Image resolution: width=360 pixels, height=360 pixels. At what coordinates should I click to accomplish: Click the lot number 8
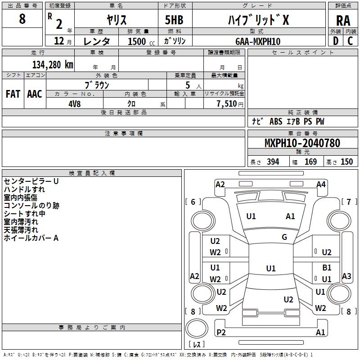pos(22,19)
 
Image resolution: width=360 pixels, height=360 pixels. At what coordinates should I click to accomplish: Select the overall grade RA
pos(343,20)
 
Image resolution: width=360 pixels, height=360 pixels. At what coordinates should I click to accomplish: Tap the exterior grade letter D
pos(335,40)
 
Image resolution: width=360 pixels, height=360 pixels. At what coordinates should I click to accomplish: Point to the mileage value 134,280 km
pos(53,64)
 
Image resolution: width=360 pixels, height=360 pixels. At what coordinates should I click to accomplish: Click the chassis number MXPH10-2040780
pos(302,144)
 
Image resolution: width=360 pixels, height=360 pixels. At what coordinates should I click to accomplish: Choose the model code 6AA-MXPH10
pos(258,41)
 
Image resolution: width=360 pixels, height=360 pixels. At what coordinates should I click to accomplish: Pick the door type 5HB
pos(174,20)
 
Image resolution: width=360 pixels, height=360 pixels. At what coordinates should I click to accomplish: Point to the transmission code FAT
pos(13,94)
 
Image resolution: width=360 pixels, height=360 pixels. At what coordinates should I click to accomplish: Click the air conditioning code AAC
pos(35,94)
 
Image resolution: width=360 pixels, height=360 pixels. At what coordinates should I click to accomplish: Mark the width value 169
pos(310,162)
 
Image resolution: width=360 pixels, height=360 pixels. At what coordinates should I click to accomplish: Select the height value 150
pos(346,162)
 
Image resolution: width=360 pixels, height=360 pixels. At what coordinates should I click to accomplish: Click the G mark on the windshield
pos(284,237)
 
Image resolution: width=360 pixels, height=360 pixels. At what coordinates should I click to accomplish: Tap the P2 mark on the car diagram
pos(221,333)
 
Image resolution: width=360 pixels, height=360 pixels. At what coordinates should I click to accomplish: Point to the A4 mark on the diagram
pos(321,184)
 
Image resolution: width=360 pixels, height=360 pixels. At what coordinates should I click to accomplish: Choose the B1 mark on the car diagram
pos(327,268)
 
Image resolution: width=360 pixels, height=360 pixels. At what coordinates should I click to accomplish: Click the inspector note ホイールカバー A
pos(31,238)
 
